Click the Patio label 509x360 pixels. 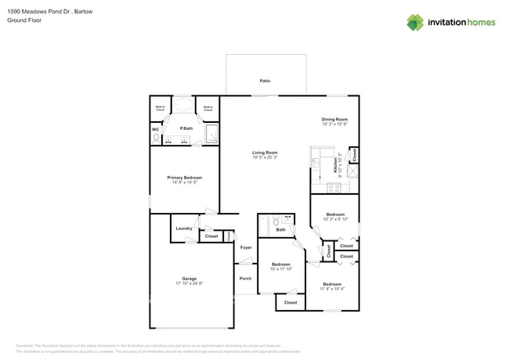pyautogui.click(x=265, y=81)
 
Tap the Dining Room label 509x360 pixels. pyautogui.click(x=334, y=119)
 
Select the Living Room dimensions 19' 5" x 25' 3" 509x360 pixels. pyautogui.click(x=265, y=157)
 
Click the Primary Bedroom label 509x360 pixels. pyautogui.click(x=184, y=178)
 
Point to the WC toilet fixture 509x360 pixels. pyautogui.click(x=156, y=138)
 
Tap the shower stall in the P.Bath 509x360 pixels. pyautogui.click(x=211, y=136)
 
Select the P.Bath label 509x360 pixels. pyautogui.click(x=186, y=128)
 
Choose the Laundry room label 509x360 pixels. pyautogui.click(x=184, y=229)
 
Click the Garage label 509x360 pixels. pyautogui.click(x=189, y=278)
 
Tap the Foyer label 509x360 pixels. pyautogui.click(x=246, y=247)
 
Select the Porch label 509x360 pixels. pyautogui.click(x=245, y=278)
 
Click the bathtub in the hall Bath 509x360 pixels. pyautogui.click(x=266, y=225)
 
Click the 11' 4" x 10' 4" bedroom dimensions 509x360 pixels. pyautogui.click(x=332, y=289)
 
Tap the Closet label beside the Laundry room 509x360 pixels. pyautogui.click(x=211, y=236)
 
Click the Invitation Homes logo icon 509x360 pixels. pyautogui.click(x=414, y=22)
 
